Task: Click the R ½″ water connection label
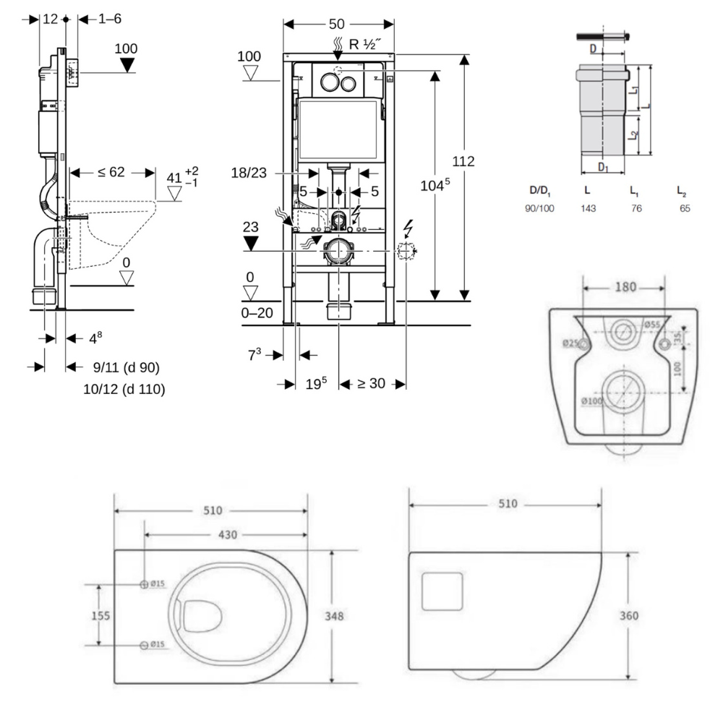(365, 43)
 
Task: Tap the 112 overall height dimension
(463, 161)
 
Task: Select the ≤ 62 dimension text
(112, 173)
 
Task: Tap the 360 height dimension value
(629, 616)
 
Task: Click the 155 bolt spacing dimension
(100, 615)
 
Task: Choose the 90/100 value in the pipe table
(542, 208)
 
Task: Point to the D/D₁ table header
(540, 190)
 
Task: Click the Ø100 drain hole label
(592, 401)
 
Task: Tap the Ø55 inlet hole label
(651, 325)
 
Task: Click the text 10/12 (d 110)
(124, 389)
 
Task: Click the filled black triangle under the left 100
(127, 66)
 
